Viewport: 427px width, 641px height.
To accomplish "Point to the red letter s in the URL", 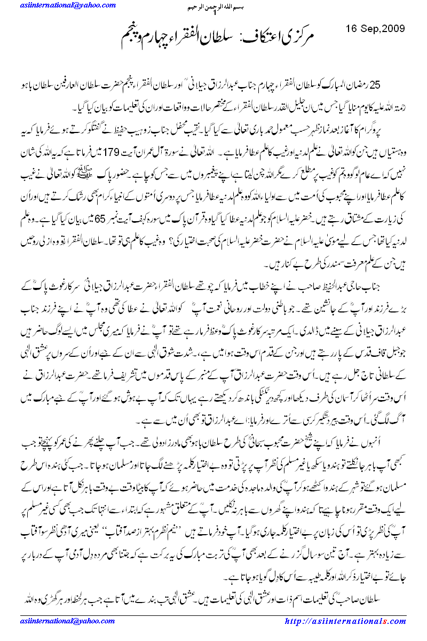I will (388, 621).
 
